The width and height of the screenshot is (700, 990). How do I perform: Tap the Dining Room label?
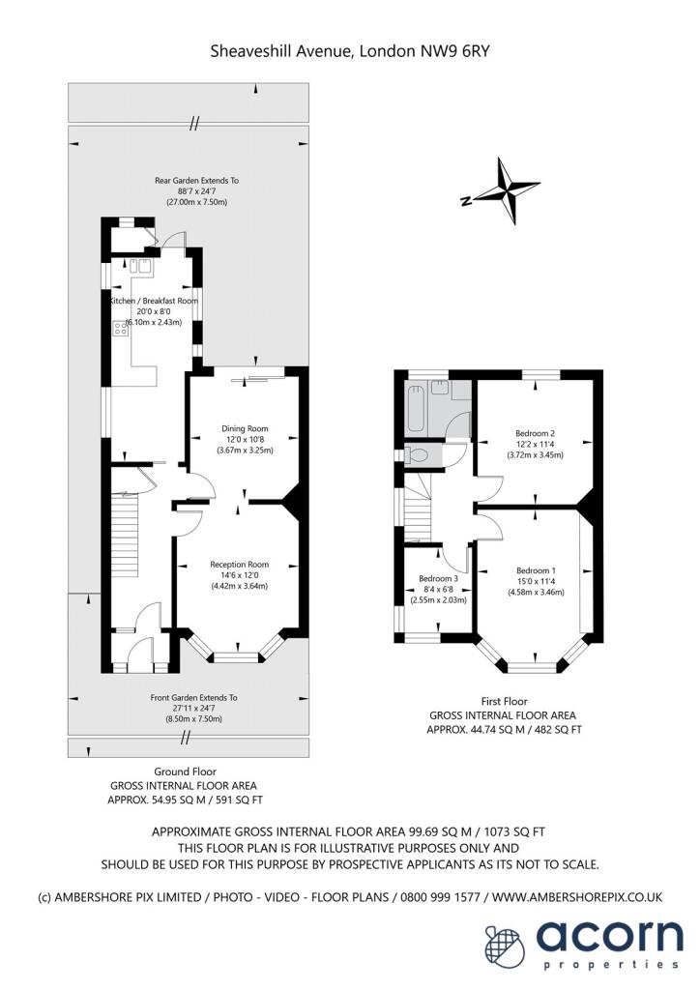point(245,428)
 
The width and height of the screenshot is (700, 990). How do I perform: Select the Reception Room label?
point(239,564)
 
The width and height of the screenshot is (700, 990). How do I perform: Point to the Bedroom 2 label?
point(534,432)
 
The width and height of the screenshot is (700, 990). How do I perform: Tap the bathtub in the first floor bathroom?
point(417,407)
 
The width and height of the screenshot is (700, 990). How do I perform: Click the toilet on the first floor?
point(419,452)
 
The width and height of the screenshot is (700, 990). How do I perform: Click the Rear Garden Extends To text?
point(197,180)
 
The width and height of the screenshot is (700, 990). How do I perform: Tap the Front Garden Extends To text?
point(193,697)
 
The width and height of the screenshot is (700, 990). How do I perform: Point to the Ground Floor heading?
point(183,771)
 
